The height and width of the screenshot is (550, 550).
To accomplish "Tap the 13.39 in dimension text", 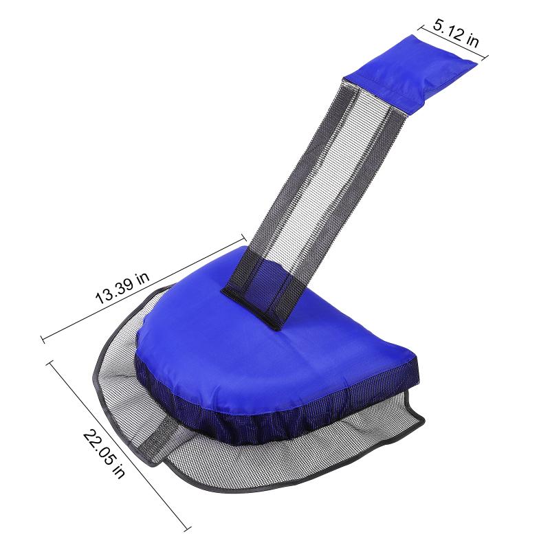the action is [122, 287].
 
